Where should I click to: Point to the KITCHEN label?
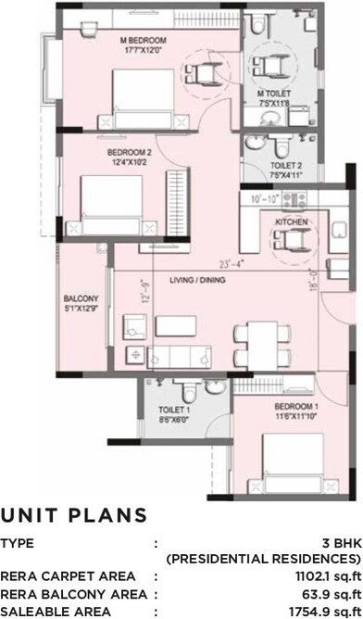click(291, 222)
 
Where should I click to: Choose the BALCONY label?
click(81, 298)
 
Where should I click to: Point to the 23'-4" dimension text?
click(227, 264)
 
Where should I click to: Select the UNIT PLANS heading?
click(74, 515)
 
